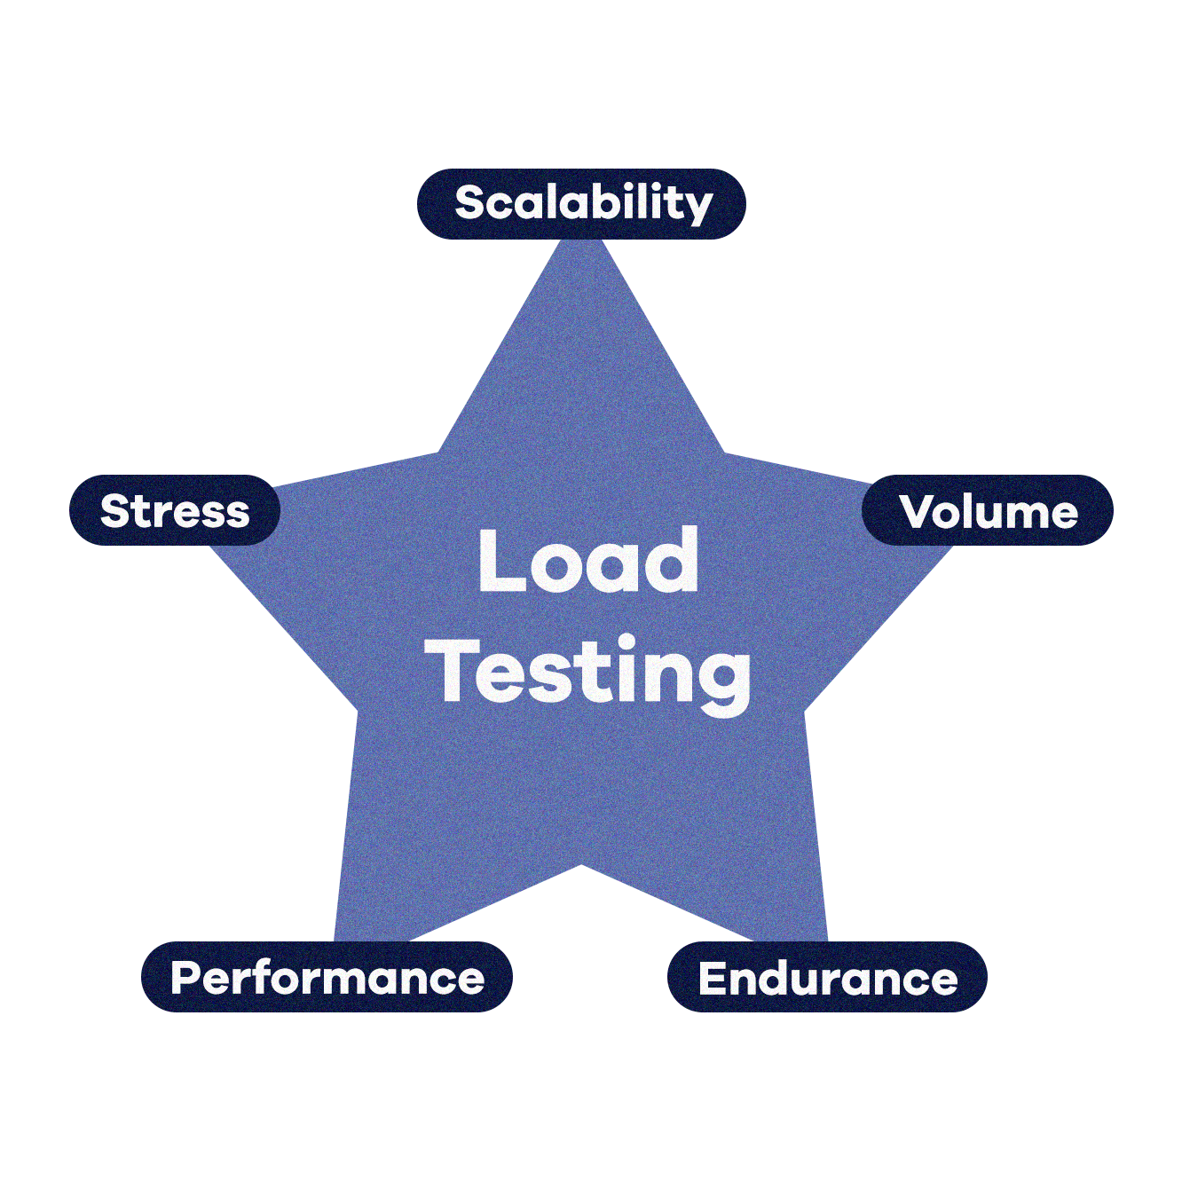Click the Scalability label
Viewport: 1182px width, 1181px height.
coord(582,204)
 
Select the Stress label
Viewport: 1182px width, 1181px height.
coord(175,511)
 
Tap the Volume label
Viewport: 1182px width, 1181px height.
coord(988,511)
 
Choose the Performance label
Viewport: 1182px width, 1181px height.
coord(327,978)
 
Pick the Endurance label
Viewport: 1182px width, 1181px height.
coord(827,979)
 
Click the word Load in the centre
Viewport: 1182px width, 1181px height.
coord(588,561)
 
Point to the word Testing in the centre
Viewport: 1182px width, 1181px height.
coord(592,673)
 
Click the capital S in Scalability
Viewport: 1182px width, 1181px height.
coord(470,203)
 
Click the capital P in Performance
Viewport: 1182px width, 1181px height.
coord(184,978)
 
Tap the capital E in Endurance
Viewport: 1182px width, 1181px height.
coord(712,979)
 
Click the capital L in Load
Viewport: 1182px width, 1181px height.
coord(498,561)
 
